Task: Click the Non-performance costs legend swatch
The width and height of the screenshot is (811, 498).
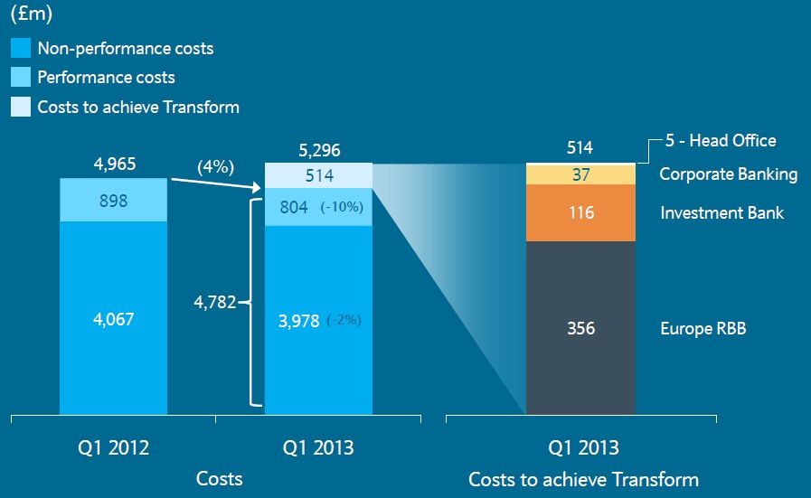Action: tap(20, 49)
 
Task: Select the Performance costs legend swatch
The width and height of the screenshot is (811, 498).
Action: tap(20, 77)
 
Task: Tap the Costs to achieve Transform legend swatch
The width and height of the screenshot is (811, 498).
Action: tap(20, 107)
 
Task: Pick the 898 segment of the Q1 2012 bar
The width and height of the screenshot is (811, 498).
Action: tap(113, 200)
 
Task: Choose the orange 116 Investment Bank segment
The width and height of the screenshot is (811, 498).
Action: tap(580, 212)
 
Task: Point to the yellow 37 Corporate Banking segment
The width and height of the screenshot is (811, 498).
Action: tap(580, 174)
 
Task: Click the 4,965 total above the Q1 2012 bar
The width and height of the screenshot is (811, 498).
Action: tap(113, 165)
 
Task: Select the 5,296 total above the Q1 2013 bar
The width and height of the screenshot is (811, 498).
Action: tap(319, 151)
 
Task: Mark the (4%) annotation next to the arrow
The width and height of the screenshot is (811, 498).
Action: tap(216, 167)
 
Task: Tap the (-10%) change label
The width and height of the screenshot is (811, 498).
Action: tap(341, 207)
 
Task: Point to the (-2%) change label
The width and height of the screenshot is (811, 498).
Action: tap(344, 320)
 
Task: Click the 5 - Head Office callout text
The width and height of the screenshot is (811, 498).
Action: tap(721, 140)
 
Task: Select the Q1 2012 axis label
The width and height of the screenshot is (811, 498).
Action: tap(113, 447)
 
